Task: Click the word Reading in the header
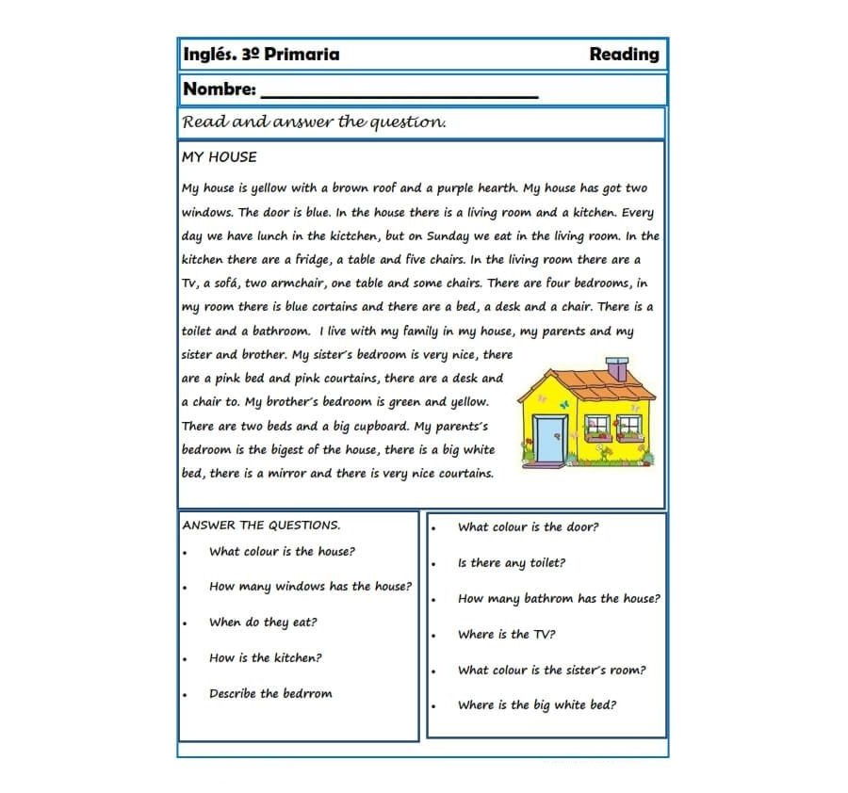[x=624, y=55]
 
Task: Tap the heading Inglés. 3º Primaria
[x=261, y=55]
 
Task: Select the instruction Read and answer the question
[x=314, y=122]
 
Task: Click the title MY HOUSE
[x=219, y=157]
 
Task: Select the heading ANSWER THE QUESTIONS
[x=261, y=526]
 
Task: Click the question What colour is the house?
[x=282, y=552]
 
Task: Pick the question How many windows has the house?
[x=310, y=587]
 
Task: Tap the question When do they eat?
[x=263, y=623]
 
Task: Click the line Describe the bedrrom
[x=270, y=694]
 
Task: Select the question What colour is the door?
[x=528, y=527]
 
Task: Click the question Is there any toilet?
[x=512, y=563]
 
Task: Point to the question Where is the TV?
[x=506, y=635]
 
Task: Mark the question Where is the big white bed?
[x=537, y=705]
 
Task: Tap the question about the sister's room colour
[x=551, y=671]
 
